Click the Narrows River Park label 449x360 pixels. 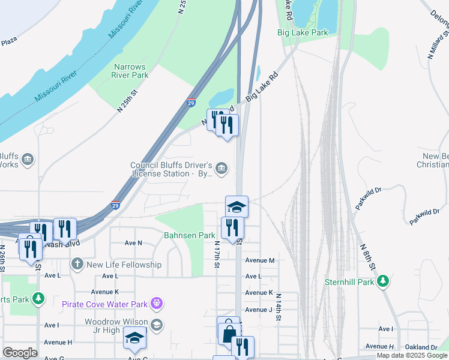[x=130, y=71]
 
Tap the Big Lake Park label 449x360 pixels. [x=303, y=33]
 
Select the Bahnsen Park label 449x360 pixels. [x=190, y=236]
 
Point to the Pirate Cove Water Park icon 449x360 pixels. [x=157, y=304]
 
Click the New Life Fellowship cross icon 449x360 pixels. [x=77, y=265]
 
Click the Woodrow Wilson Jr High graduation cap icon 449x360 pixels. [x=157, y=325]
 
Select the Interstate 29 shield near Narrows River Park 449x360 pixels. [x=191, y=103]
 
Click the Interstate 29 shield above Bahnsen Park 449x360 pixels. [x=115, y=205]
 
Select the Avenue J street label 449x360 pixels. [x=259, y=310]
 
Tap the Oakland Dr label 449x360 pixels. [x=421, y=347]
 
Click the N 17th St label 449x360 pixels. [x=217, y=255]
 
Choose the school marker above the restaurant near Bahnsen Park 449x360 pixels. [x=237, y=206]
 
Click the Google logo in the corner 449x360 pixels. [x=20, y=353]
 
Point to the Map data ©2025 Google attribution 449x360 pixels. [x=412, y=355]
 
